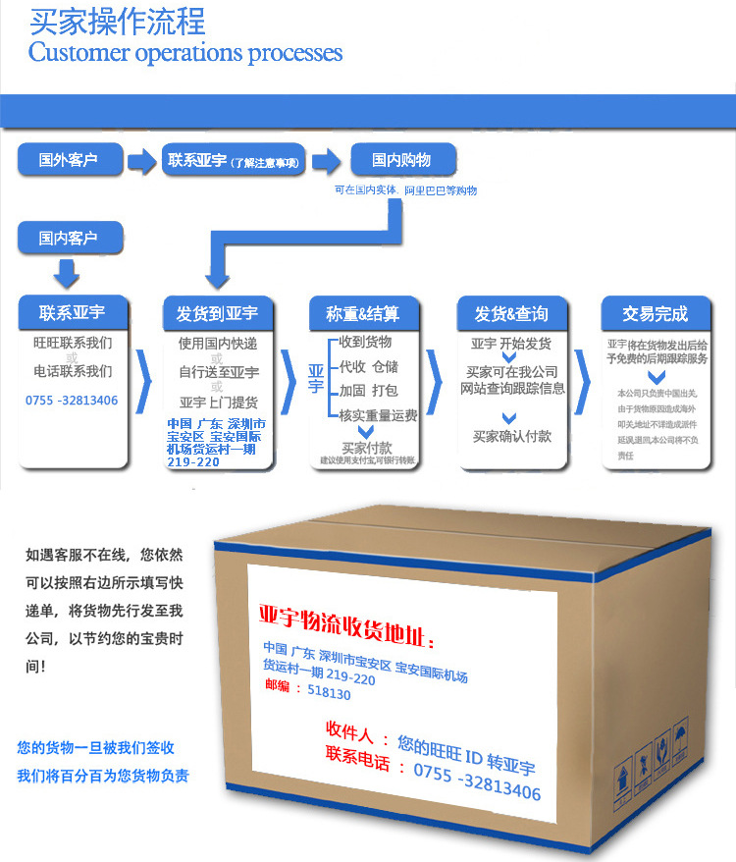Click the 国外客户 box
click(x=68, y=160)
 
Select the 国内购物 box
click(x=400, y=160)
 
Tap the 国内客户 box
click(x=68, y=238)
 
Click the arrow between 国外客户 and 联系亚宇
click(x=144, y=160)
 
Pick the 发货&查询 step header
click(x=511, y=314)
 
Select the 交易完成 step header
click(x=655, y=314)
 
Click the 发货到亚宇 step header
click(x=217, y=314)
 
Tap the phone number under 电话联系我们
click(x=72, y=401)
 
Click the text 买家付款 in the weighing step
click(x=366, y=448)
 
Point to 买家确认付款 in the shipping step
click(x=511, y=436)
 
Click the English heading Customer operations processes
click(x=185, y=52)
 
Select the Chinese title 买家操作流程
click(x=117, y=20)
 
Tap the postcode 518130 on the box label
click(x=328, y=694)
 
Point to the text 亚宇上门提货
click(x=219, y=403)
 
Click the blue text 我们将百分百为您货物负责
click(x=102, y=776)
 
